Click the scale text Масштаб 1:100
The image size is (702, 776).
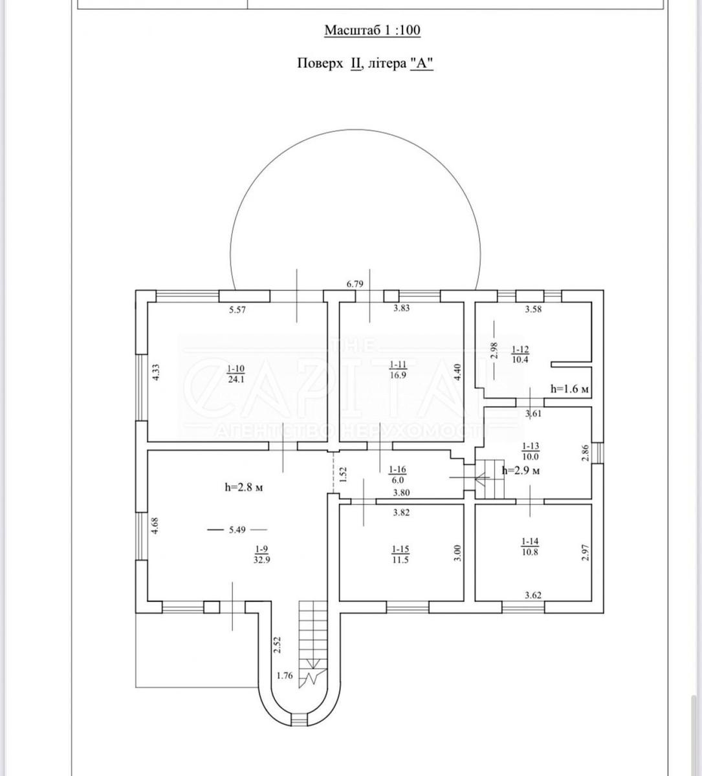click(x=373, y=30)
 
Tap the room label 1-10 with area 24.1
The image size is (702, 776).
click(x=236, y=374)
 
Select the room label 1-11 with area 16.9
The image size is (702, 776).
click(x=398, y=369)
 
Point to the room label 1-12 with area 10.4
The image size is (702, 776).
click(x=520, y=354)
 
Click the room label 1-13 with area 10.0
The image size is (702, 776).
click(x=531, y=451)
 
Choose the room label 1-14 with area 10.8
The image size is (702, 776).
click(x=530, y=547)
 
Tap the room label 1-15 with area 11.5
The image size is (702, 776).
click(x=400, y=555)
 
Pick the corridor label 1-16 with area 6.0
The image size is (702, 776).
click(x=397, y=475)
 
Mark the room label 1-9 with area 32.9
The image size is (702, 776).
click(x=262, y=554)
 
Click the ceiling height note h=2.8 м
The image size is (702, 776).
click(x=244, y=488)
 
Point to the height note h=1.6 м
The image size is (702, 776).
click(x=569, y=389)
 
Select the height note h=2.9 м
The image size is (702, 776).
click(x=521, y=471)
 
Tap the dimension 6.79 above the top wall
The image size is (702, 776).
click(x=355, y=284)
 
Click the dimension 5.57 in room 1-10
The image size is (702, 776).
click(x=237, y=310)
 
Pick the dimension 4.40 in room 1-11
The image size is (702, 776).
click(x=457, y=372)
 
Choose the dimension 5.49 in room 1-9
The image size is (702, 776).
click(x=237, y=530)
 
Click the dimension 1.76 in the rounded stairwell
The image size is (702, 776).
click(x=285, y=676)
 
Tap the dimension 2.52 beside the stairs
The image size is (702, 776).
click(x=277, y=645)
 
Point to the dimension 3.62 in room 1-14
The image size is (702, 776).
click(x=533, y=596)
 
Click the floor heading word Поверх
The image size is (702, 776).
click(x=320, y=63)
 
